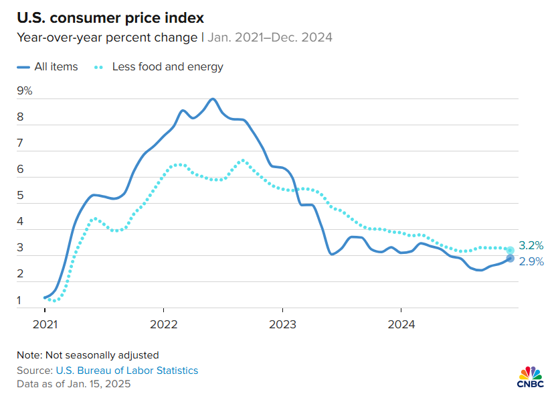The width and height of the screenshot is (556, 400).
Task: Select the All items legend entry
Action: point(48,67)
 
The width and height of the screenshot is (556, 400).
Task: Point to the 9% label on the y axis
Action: point(25,91)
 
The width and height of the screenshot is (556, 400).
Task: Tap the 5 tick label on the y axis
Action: point(21,196)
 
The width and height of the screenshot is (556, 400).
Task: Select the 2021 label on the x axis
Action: point(45,324)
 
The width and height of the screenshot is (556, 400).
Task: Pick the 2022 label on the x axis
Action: point(163,324)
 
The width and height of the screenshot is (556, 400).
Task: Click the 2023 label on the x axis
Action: point(282,324)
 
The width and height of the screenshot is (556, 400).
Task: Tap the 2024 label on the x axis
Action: point(400,324)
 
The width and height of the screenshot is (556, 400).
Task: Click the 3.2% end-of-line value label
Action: point(531,245)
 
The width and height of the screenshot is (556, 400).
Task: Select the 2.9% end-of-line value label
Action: point(531,262)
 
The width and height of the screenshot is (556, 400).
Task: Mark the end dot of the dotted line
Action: point(510,250)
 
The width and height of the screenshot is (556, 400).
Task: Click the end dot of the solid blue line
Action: point(510,258)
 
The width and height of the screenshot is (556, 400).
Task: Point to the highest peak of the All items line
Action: point(213,99)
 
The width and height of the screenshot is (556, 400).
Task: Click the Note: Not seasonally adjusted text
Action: point(88,354)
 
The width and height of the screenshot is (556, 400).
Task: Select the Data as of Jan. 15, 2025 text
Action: point(74,384)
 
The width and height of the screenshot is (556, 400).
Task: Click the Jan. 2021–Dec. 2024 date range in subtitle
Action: point(270,37)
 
